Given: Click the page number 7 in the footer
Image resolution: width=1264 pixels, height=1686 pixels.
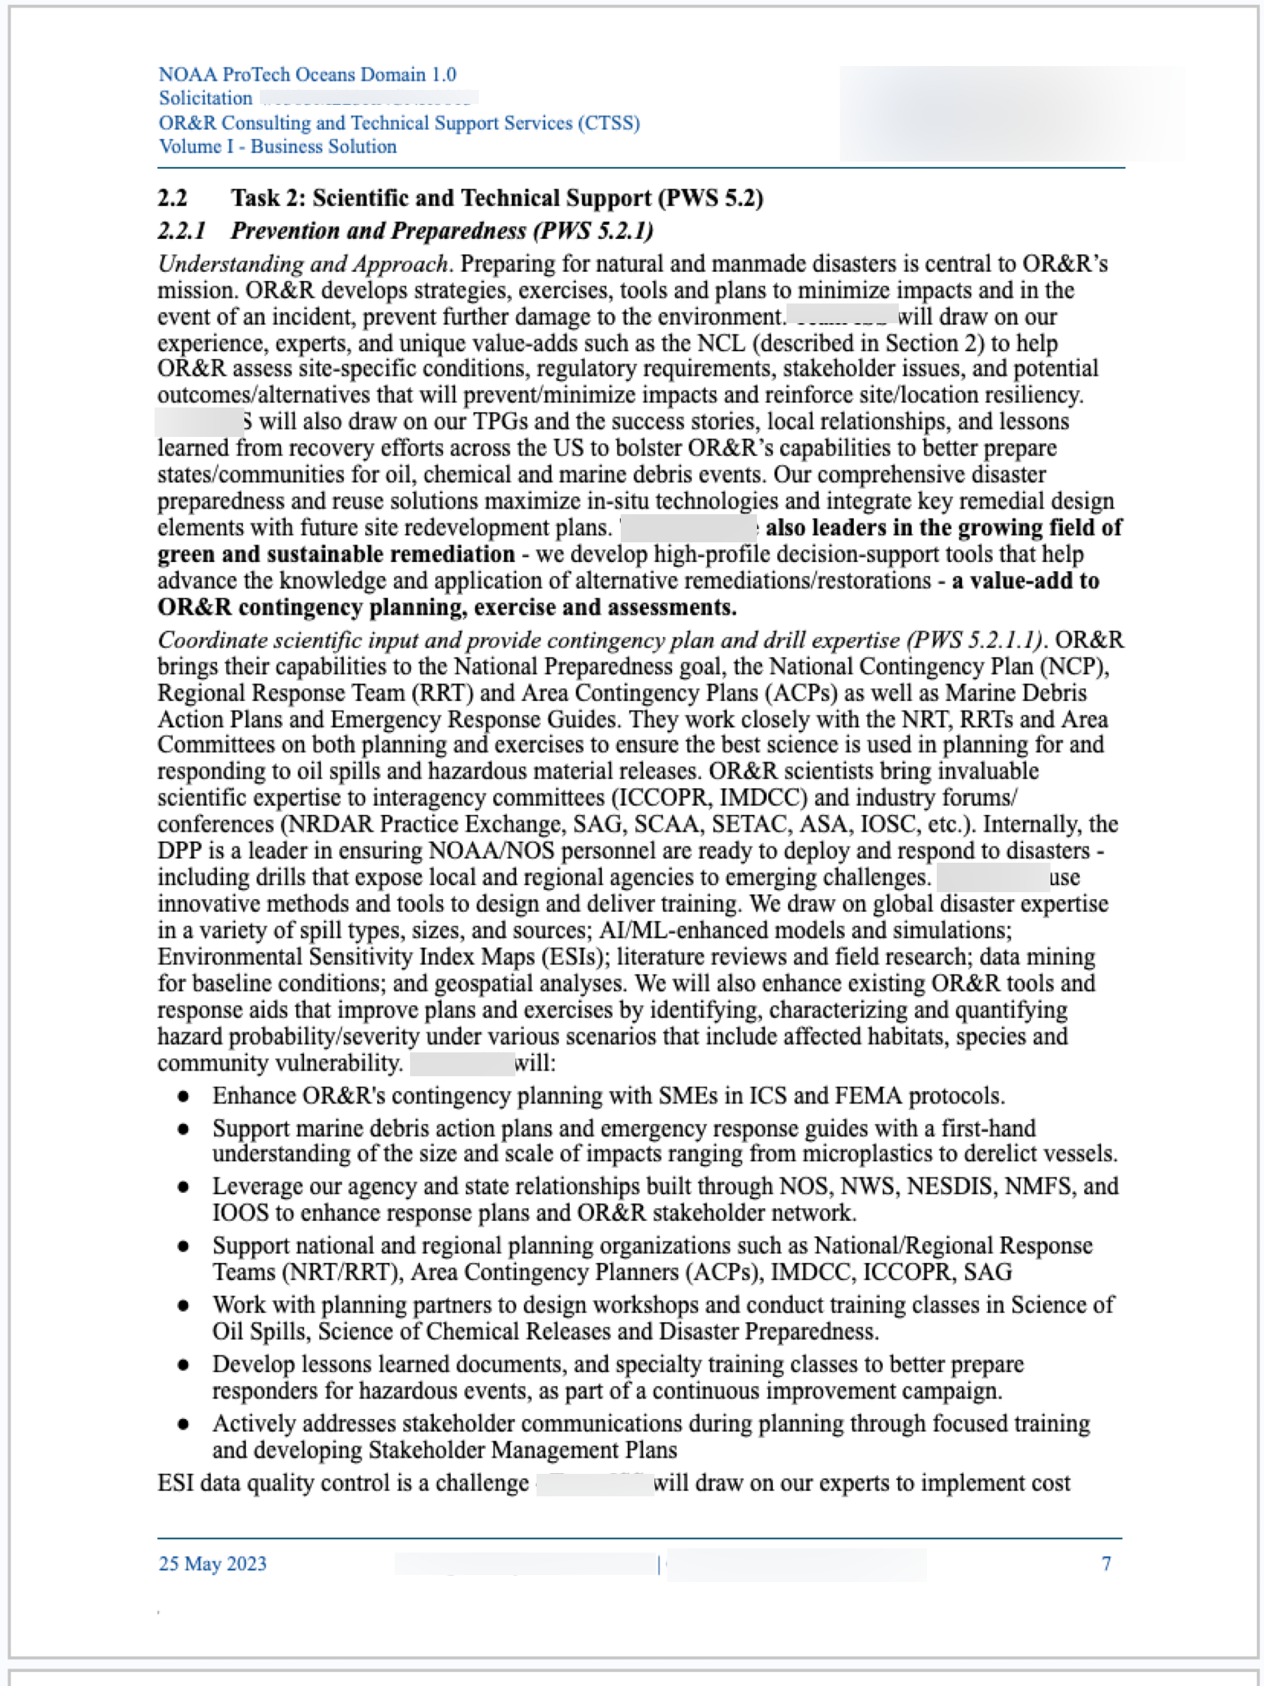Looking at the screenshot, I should [x=1105, y=1563].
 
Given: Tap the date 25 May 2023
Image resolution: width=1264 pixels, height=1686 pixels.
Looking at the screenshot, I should [x=212, y=1563].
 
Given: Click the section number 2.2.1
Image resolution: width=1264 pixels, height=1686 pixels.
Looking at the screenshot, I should [x=181, y=230].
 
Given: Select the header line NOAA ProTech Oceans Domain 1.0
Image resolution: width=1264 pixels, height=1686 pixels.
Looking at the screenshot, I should [x=307, y=74].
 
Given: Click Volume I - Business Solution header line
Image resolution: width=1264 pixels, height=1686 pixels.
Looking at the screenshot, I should [x=277, y=146].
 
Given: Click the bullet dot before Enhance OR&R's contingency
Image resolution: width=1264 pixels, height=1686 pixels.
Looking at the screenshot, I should [x=183, y=1097].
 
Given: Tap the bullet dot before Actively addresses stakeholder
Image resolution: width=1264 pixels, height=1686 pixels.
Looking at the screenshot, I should [x=183, y=1424].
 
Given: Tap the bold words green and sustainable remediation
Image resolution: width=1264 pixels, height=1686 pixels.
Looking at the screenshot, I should [x=336, y=554].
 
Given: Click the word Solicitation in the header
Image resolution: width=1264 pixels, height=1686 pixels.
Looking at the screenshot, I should [x=205, y=98].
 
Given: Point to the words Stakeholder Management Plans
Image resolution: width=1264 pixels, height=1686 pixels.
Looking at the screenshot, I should [x=522, y=1450].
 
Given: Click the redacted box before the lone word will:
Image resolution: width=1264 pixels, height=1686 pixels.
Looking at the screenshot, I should [x=462, y=1064].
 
